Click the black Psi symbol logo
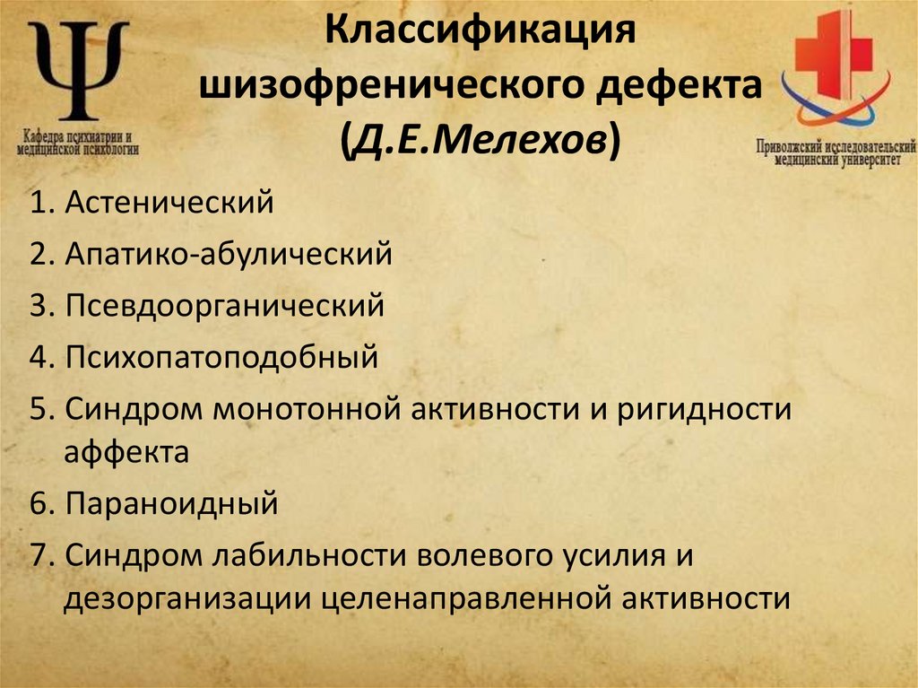point(77,70)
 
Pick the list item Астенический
point(168,203)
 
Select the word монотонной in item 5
point(310,409)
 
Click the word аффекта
point(126,453)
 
